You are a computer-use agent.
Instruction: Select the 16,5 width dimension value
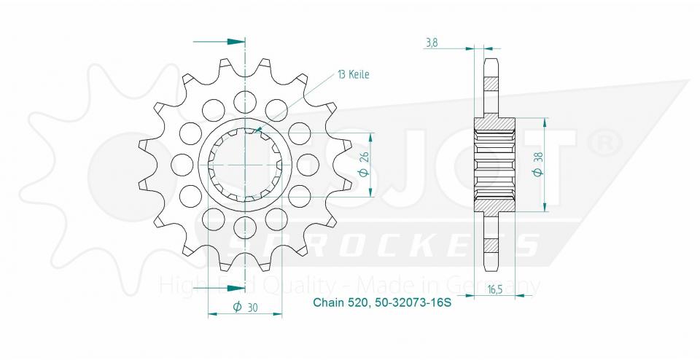[496, 289]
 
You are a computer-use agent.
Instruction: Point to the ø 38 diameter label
[537, 165]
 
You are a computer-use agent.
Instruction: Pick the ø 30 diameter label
[246, 307]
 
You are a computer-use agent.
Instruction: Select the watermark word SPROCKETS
[382, 245]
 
